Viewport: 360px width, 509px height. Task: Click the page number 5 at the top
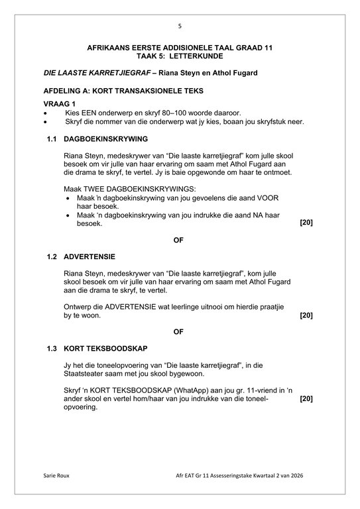(179, 26)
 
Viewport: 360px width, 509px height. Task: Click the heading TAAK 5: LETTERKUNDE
(179, 58)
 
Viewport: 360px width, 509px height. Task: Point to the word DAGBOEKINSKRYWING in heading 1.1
(106, 139)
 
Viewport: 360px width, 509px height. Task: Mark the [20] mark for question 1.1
(306, 223)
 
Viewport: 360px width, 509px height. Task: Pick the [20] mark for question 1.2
(306, 315)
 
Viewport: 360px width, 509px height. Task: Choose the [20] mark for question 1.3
(306, 399)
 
